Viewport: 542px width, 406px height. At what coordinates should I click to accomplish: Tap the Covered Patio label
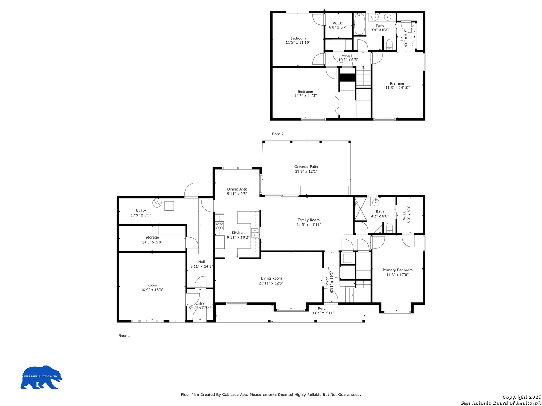tap(306, 167)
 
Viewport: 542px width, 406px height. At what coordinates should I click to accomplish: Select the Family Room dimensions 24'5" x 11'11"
tap(308, 224)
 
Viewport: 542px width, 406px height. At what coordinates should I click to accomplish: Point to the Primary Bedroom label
tap(397, 270)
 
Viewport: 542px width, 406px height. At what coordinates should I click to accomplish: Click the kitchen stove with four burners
tap(219, 226)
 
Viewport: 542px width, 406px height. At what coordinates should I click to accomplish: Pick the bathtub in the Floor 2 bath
tap(359, 24)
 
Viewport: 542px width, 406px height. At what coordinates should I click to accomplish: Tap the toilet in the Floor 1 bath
tap(389, 227)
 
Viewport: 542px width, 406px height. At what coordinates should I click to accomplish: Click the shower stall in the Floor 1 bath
tap(361, 208)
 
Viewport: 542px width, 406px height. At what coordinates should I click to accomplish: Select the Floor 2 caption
tap(277, 134)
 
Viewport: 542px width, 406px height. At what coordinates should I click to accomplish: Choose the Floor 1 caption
tap(124, 336)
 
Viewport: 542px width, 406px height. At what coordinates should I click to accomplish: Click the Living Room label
tap(271, 278)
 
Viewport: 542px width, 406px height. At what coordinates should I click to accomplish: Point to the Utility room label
tap(141, 210)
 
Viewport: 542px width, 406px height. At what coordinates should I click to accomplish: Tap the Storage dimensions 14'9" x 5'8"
tap(152, 242)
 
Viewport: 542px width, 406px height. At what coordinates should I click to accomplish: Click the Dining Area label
tap(237, 189)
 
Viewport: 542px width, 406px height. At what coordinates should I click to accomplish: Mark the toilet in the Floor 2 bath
tap(389, 45)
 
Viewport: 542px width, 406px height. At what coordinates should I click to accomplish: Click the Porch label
tap(323, 308)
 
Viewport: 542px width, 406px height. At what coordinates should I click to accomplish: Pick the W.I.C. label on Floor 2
tap(338, 23)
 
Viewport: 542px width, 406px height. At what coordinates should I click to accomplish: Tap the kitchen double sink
tap(255, 232)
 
